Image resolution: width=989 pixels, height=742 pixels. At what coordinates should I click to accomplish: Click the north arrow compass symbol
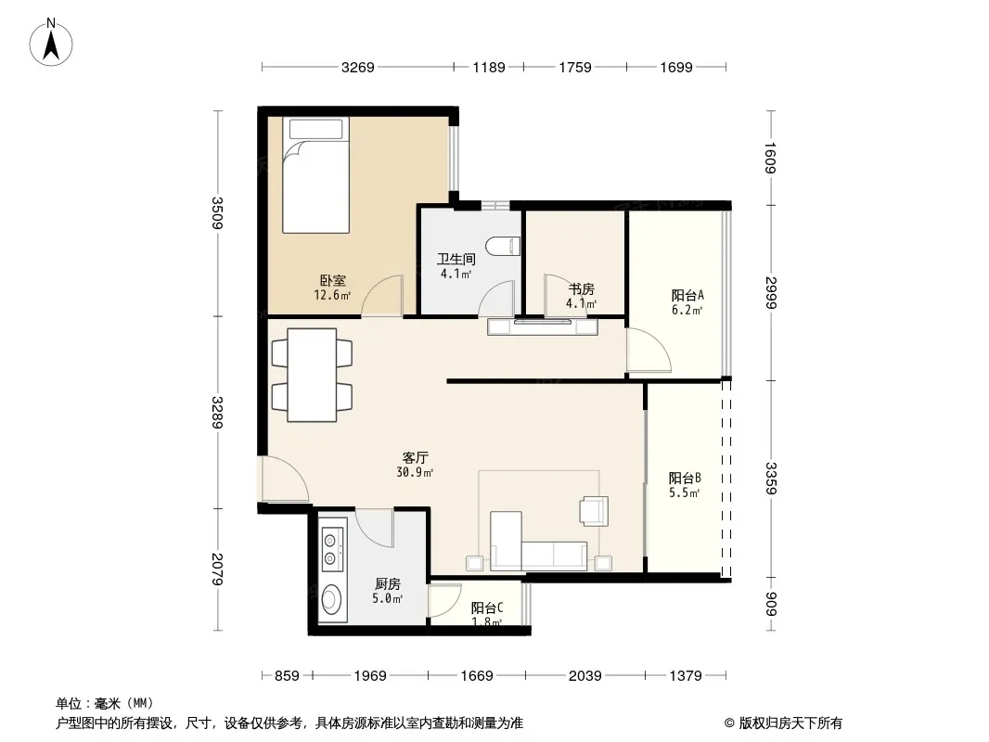coord(51,42)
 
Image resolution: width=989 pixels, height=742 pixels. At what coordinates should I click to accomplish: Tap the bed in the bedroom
coord(315,175)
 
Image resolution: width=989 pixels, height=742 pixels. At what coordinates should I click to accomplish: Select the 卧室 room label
coord(332,280)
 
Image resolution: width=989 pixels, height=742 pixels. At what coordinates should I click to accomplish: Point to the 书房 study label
coord(581,289)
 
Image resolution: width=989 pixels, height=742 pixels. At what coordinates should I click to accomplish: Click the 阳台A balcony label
coord(687,295)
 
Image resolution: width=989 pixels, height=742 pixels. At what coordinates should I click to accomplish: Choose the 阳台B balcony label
coord(685,478)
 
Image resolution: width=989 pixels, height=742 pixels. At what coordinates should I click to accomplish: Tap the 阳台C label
coord(486,608)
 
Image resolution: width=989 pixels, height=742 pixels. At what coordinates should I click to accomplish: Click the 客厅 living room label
coord(415,457)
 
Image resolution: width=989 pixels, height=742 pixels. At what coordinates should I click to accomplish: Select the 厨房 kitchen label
coord(387,584)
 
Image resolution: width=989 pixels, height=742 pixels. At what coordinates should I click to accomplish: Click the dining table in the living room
coord(313,375)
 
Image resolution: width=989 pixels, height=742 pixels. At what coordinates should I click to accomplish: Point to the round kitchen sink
coord(332,599)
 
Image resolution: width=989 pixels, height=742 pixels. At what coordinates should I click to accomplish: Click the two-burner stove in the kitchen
coord(332,549)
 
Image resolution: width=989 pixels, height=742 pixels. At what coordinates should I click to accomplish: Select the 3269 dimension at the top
coord(357,67)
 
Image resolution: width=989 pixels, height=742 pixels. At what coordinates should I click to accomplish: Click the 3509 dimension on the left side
coord(217,213)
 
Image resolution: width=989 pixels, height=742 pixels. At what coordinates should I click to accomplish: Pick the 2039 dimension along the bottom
coord(584,676)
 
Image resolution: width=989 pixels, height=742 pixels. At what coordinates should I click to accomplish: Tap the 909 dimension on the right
coord(771,603)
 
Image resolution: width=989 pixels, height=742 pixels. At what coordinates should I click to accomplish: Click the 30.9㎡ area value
coord(415,472)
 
